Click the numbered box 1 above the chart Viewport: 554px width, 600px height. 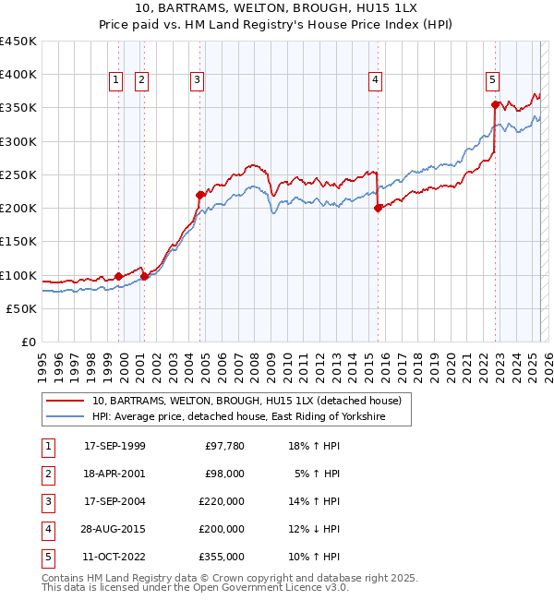(116, 80)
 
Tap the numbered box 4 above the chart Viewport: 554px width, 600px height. (376, 80)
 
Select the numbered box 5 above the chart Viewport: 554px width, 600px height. (493, 80)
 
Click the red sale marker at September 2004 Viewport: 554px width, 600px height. (199, 195)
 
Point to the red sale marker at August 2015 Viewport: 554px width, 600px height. (379, 209)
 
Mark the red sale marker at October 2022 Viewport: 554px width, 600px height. (496, 104)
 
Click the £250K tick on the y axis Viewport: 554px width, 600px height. (18, 174)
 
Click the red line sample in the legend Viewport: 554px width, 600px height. (65, 402)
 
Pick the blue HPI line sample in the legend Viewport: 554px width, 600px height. (65, 417)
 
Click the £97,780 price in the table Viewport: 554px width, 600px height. (222, 446)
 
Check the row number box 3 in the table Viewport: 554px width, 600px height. (47, 501)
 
